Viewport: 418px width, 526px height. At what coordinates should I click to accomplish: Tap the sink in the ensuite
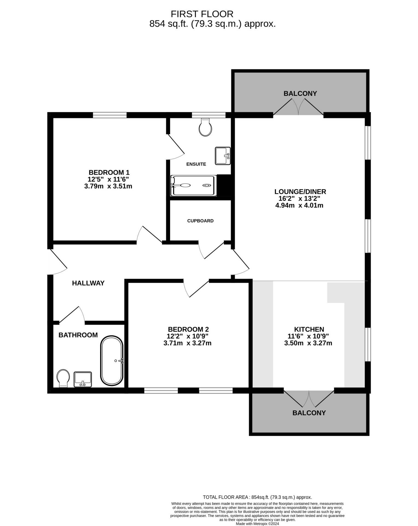tap(223, 156)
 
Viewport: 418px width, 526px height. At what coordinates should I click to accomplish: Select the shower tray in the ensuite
tap(193, 185)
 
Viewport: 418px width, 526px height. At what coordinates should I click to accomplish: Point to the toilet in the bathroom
tap(63, 378)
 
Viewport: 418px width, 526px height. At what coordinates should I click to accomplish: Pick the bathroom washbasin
tap(83, 379)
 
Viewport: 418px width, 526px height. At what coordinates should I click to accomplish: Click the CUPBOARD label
tap(200, 221)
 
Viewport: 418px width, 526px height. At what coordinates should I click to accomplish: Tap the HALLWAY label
tap(88, 283)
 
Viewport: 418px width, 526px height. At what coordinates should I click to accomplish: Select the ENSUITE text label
tap(196, 164)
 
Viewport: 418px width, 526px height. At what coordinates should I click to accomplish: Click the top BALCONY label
tap(300, 93)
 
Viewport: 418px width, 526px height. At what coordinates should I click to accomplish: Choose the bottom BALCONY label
tap(309, 413)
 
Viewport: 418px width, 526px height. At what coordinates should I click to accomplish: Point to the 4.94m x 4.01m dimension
tap(299, 205)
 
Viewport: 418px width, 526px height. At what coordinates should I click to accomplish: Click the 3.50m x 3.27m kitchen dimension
tap(308, 343)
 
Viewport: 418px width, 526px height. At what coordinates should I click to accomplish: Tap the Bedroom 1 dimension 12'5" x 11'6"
tap(108, 179)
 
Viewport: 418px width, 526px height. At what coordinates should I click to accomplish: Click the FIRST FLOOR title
tap(202, 14)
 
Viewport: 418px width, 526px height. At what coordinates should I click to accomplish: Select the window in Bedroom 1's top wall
tap(110, 115)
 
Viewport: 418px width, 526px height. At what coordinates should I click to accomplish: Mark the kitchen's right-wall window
tap(368, 344)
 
